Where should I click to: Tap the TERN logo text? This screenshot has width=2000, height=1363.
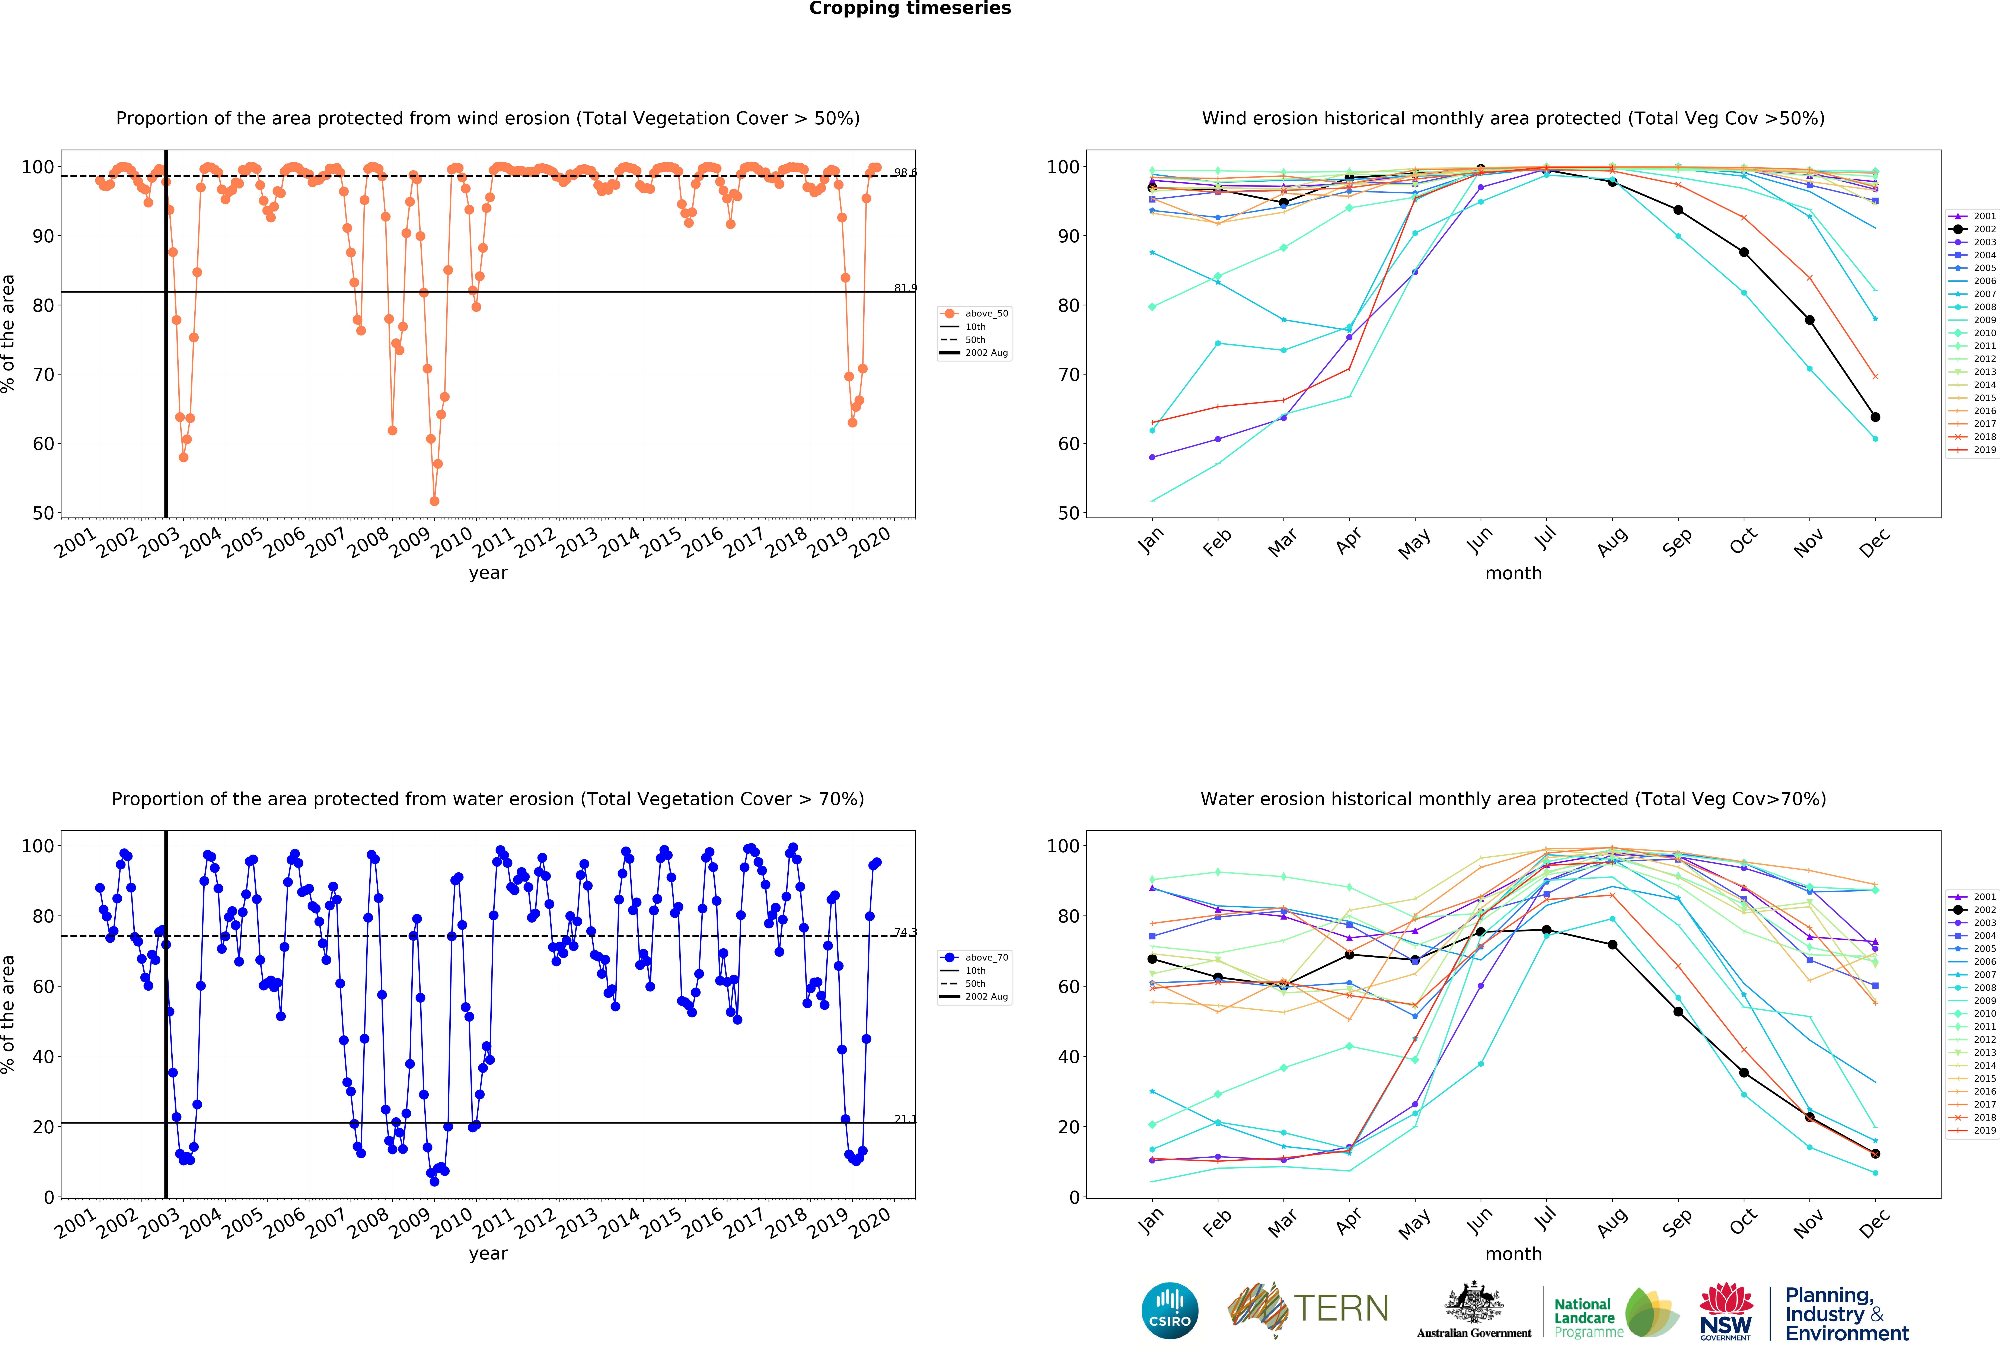(x=1341, y=1309)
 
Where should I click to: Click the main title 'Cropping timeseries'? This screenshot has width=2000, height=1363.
(x=910, y=9)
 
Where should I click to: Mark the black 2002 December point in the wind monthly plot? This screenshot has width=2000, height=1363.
(x=1875, y=417)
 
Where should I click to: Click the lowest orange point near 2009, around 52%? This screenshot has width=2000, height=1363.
(x=435, y=501)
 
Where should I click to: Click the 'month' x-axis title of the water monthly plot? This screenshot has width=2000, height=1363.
(x=1513, y=1254)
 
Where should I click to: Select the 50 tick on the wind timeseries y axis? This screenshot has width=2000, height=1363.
(x=43, y=513)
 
